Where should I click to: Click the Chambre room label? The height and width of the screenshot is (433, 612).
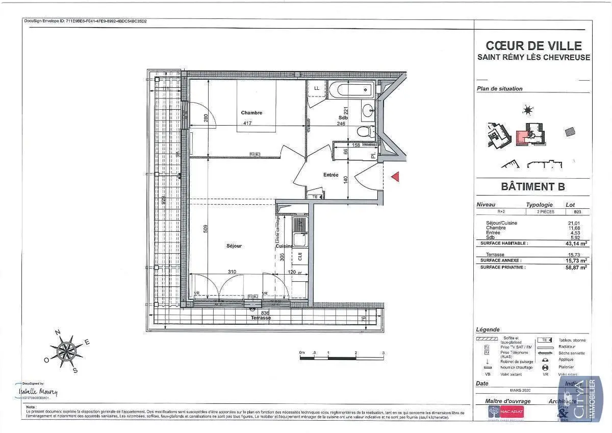pyautogui.click(x=251, y=113)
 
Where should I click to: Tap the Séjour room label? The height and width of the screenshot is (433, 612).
pyautogui.click(x=234, y=246)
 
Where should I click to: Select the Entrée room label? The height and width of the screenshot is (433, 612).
pyautogui.click(x=330, y=175)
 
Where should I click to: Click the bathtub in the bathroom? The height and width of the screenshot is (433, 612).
pyautogui.click(x=352, y=91)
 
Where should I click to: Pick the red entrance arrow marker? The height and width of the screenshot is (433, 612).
pyautogui.click(x=395, y=176)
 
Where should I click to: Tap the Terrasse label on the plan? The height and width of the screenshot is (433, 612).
pyautogui.click(x=261, y=318)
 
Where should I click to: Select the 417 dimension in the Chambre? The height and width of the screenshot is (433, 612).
pyautogui.click(x=247, y=123)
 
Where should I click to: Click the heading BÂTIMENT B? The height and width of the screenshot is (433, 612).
pyautogui.click(x=532, y=187)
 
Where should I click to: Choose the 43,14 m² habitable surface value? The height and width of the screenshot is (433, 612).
pyautogui.click(x=577, y=244)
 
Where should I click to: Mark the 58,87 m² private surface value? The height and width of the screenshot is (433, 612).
pyautogui.click(x=577, y=267)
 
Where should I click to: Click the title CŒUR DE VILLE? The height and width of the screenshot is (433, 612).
pyautogui.click(x=533, y=46)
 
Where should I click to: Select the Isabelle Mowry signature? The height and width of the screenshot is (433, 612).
pyautogui.click(x=38, y=392)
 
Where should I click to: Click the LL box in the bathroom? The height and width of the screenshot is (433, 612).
pyautogui.click(x=317, y=88)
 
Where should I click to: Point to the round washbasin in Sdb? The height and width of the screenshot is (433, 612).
pyautogui.click(x=367, y=109)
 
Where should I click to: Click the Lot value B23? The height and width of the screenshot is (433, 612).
pyautogui.click(x=577, y=211)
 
